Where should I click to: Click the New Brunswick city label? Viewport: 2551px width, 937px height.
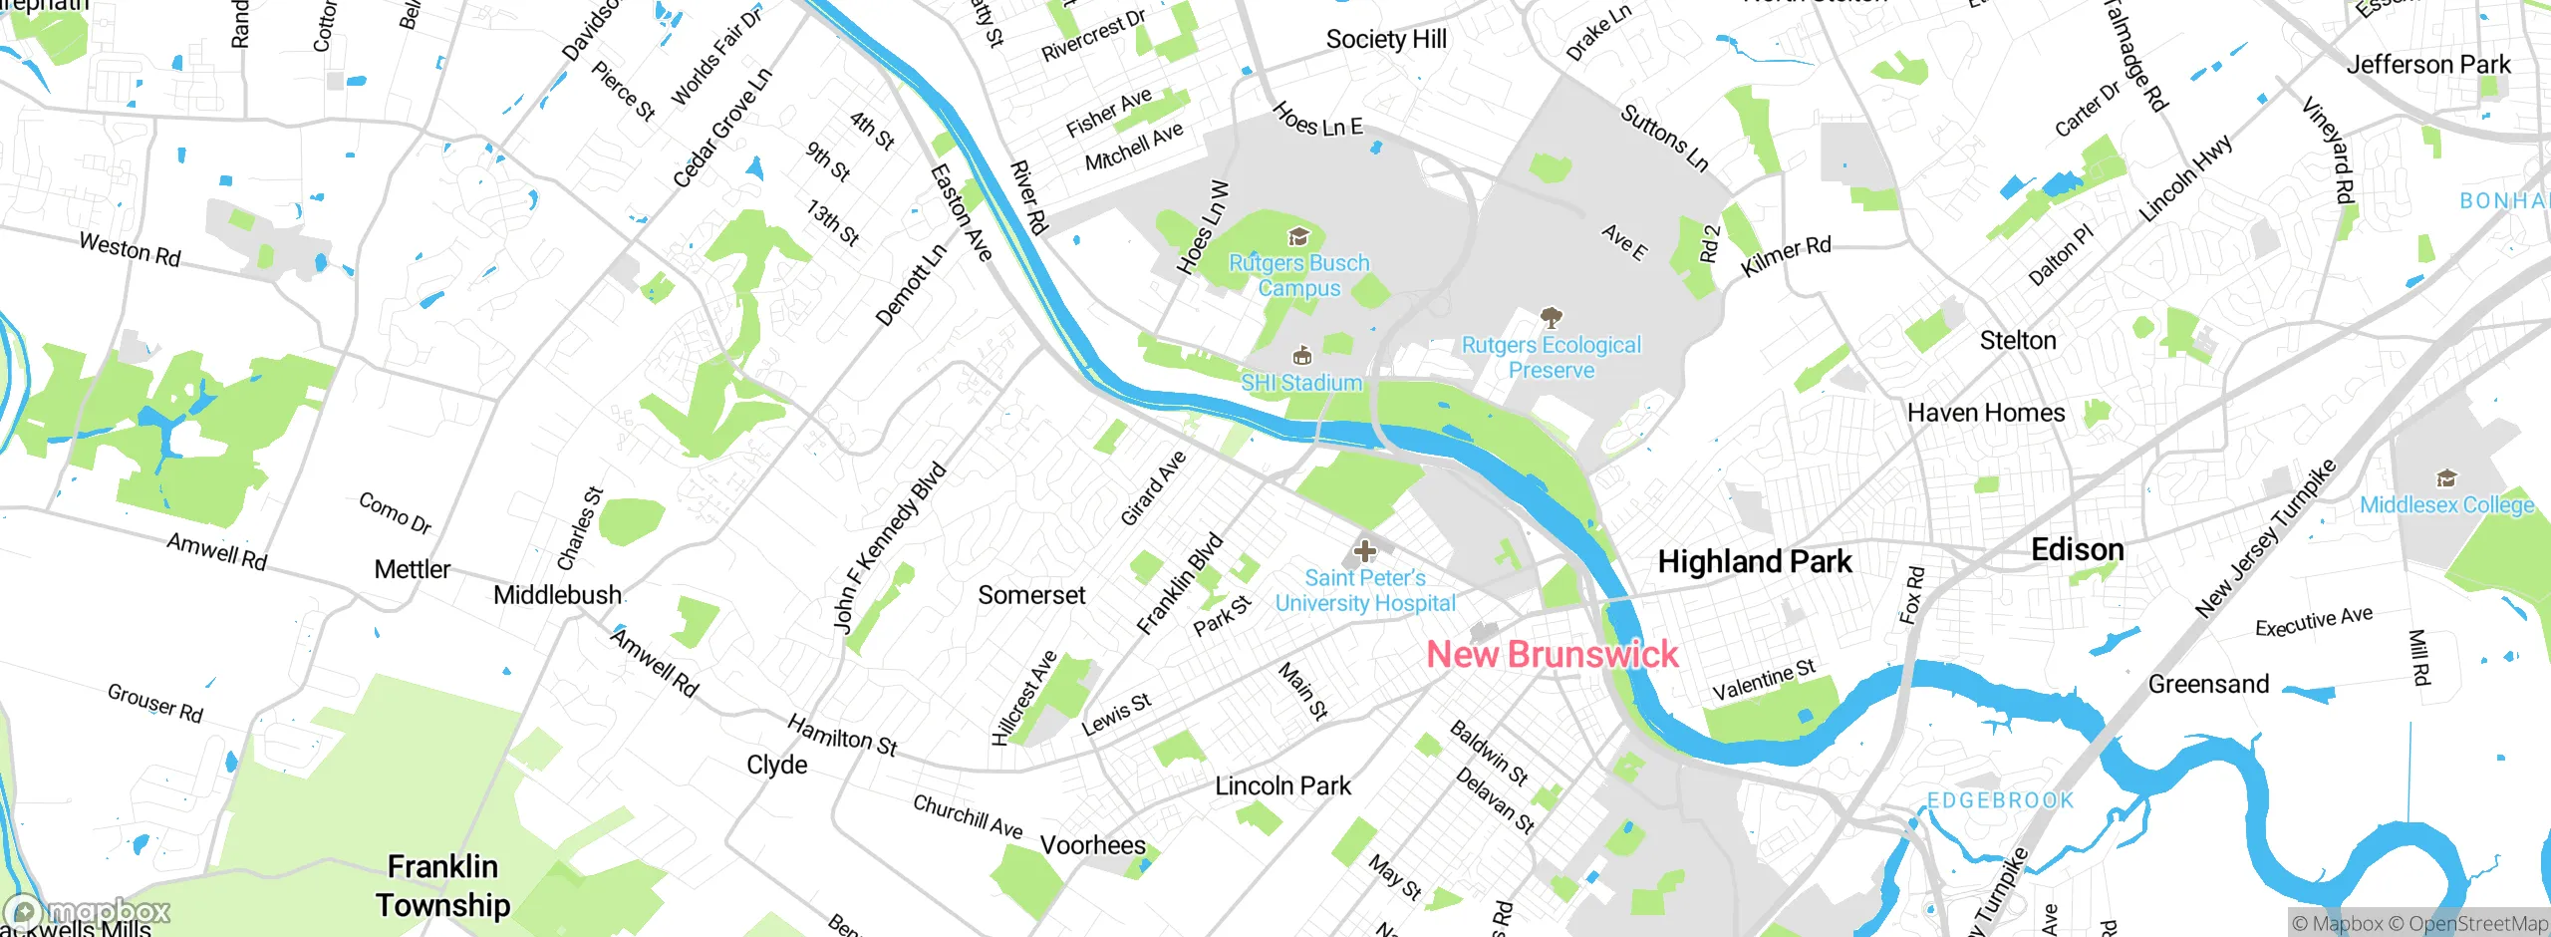point(1552,654)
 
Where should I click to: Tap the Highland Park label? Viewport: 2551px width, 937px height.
point(1754,561)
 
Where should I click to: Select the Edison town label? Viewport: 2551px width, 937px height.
point(2077,549)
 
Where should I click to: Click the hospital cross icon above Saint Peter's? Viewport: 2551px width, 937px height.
point(1364,550)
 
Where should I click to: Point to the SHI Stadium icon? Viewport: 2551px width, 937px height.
point(1301,356)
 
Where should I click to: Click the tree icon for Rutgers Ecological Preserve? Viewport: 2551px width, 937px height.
point(1551,318)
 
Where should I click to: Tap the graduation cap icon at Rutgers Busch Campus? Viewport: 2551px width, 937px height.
point(1298,236)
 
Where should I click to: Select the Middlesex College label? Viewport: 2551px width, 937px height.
point(2446,504)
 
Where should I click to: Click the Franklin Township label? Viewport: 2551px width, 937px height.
point(442,885)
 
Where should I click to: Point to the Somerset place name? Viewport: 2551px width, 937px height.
point(1031,595)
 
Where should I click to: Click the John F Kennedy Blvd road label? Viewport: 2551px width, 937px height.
point(889,547)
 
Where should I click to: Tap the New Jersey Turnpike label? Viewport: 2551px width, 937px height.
point(2264,538)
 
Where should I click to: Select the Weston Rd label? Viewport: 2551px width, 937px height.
point(130,249)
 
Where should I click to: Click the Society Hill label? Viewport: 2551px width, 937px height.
point(1386,39)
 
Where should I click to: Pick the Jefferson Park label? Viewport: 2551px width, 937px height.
point(2427,65)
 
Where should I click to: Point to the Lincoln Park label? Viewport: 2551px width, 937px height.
point(1282,785)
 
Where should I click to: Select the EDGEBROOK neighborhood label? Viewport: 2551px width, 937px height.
point(2000,800)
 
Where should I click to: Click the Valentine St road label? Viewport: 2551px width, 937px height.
point(1764,680)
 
